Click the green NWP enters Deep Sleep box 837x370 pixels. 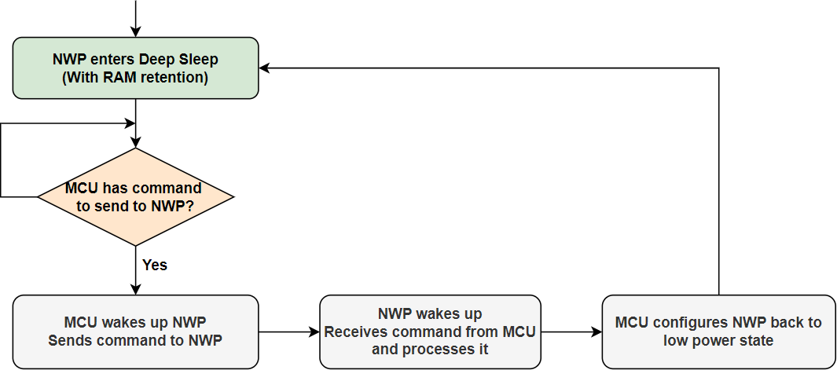(135, 68)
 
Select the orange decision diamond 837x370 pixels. (135, 196)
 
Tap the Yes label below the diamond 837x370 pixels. (155, 265)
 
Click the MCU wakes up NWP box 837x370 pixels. (135, 332)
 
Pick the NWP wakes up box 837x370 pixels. (430, 332)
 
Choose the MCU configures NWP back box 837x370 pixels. (718, 332)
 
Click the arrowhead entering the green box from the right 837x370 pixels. (265, 68)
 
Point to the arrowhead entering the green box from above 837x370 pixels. (136, 31)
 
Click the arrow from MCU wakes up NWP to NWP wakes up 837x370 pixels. (288, 332)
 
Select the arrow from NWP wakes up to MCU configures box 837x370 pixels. (571, 332)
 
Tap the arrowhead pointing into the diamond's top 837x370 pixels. (136, 142)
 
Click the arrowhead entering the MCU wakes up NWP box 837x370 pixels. (136, 290)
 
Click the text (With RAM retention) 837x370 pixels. (135, 78)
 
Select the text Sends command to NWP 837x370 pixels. (135, 340)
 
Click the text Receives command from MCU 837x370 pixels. (430, 332)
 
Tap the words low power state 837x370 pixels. (718, 340)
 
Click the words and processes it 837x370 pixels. (430, 349)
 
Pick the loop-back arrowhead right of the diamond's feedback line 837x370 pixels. (130, 123)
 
